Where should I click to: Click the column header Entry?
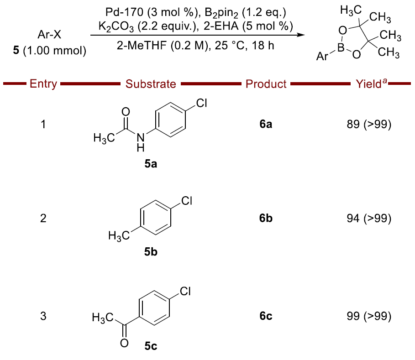tap(43, 84)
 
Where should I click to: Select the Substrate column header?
tap(151, 84)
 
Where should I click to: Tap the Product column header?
tap(266, 84)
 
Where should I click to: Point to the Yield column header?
tap(370, 83)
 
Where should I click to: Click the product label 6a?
tap(266, 124)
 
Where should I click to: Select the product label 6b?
tap(266, 219)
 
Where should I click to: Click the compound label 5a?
tap(151, 165)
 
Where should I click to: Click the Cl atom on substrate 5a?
tap(202, 104)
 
